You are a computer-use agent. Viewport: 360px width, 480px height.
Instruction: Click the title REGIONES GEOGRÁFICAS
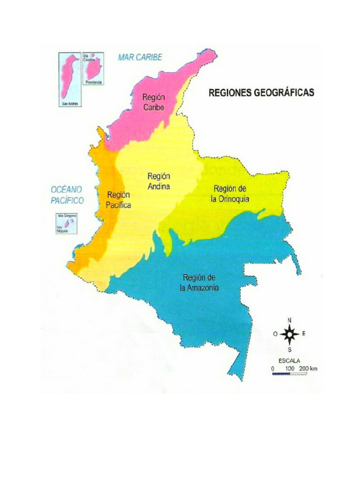(x=261, y=93)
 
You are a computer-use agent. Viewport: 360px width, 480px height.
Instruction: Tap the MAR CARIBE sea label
(x=140, y=57)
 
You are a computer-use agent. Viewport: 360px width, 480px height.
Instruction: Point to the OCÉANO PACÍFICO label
(x=67, y=195)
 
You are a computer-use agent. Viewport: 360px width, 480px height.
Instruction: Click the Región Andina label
(x=158, y=181)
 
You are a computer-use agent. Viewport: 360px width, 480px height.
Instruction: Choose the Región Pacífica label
(x=119, y=200)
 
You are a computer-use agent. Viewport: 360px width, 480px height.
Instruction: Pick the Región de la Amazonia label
(x=199, y=283)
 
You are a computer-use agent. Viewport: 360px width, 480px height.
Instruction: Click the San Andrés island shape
(x=69, y=77)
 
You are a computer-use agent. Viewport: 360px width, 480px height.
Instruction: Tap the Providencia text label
(x=93, y=82)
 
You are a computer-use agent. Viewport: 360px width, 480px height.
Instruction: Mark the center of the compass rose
(x=290, y=334)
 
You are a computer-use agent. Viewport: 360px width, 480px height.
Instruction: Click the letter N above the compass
(x=290, y=320)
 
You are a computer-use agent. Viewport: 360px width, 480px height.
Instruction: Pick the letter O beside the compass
(x=275, y=334)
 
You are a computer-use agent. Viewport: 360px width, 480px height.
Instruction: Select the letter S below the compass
(x=290, y=349)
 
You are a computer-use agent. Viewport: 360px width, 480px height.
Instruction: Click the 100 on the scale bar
(x=289, y=369)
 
